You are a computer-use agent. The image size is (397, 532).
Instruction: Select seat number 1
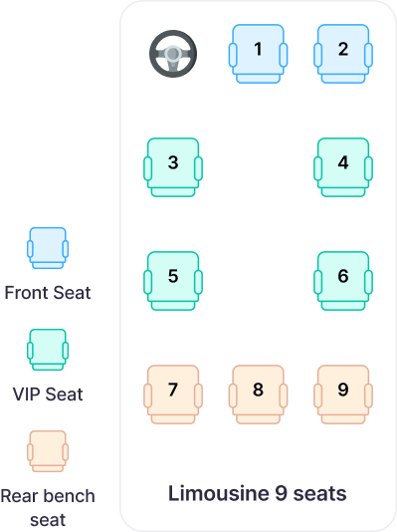pyautogui.click(x=258, y=51)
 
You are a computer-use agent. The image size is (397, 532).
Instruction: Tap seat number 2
pyautogui.click(x=343, y=51)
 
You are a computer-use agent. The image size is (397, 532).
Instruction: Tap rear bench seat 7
pyautogui.click(x=173, y=391)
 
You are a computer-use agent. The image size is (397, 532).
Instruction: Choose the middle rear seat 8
pyautogui.click(x=258, y=391)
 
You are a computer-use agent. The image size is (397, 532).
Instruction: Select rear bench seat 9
pyautogui.click(x=343, y=391)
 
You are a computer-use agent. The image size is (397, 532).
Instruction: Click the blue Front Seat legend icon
pyautogui.click(x=48, y=249)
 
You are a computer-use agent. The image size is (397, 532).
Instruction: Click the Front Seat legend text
pyautogui.click(x=48, y=294)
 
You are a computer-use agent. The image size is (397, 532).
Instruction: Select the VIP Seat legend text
pyautogui.click(x=48, y=395)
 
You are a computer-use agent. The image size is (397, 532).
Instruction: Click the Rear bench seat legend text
pyautogui.click(x=48, y=505)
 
